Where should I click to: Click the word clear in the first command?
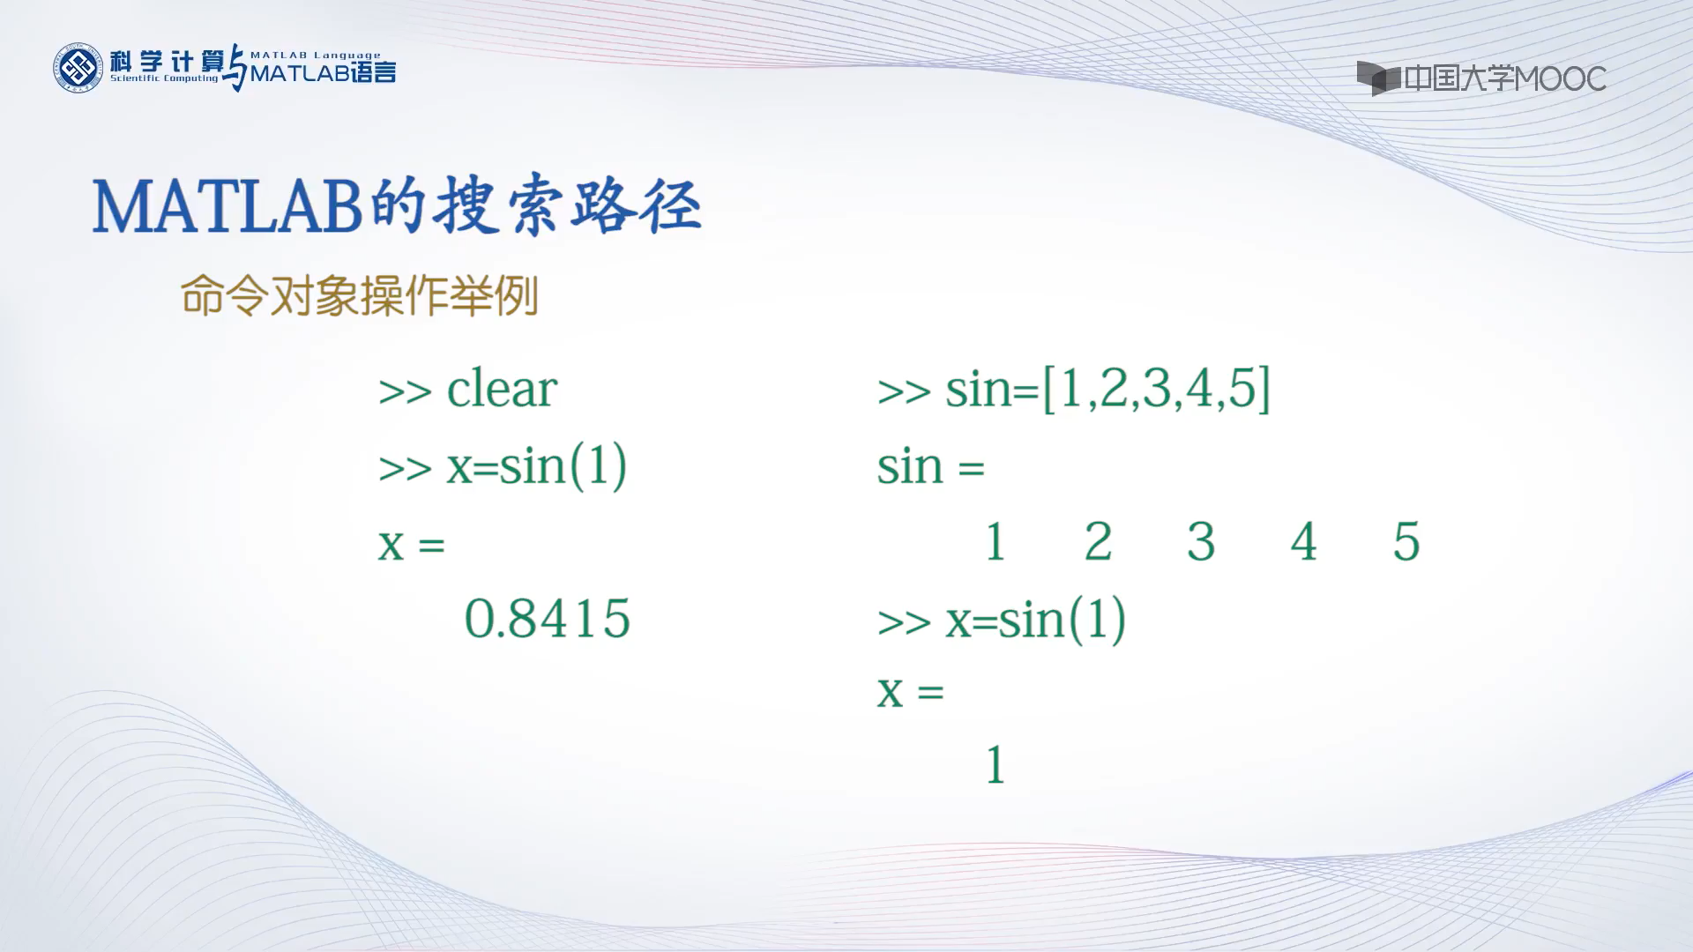502,390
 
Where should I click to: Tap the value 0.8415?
547,619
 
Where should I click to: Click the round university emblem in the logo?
78,68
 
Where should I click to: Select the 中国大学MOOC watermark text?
1504,78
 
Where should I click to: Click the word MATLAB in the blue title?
227,208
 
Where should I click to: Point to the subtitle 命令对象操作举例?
359,296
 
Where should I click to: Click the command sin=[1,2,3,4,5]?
1108,389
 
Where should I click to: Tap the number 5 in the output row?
1406,542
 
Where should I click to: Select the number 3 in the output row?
1201,542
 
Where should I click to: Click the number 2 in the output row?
1098,542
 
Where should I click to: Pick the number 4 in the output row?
1303,542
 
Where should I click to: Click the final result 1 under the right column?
996,765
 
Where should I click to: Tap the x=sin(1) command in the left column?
536,466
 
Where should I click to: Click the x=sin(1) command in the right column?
1035,620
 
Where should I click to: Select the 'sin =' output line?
930,466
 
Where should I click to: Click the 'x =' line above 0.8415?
412,544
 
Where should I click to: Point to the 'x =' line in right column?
910,692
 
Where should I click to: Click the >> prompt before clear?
405,391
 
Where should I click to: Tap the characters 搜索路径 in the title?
570,208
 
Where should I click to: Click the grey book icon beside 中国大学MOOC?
1377,78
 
